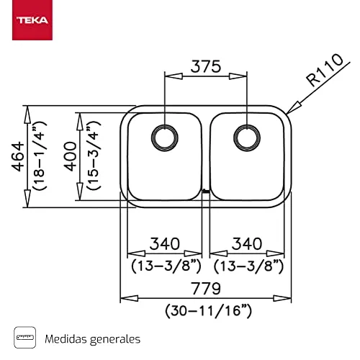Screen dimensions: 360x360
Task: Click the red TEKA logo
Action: pyautogui.click(x=32, y=20)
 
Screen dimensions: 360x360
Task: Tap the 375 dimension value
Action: pyautogui.click(x=206, y=66)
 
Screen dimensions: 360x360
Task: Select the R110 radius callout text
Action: pyautogui.click(x=325, y=70)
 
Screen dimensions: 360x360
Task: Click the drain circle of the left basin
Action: pyautogui.click(x=165, y=138)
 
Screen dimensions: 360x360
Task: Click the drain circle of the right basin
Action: pyautogui.click(x=247, y=138)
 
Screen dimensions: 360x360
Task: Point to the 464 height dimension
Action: pyautogui.click(x=18, y=157)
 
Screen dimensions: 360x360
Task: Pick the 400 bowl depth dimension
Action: pyautogui.click(x=71, y=156)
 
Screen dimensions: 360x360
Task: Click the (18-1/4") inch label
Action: pyautogui.click(x=40, y=156)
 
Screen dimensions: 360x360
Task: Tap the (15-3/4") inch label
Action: pyautogui.click(x=94, y=156)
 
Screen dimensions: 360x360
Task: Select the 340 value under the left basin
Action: pyautogui.click(x=165, y=243)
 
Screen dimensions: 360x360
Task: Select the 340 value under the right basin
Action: pyautogui.click(x=247, y=243)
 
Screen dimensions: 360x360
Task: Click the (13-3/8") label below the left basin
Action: pyautogui.click(x=166, y=266)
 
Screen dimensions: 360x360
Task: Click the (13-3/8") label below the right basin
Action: pyautogui.click(x=248, y=266)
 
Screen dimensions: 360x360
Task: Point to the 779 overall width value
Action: pyautogui.click(x=206, y=289)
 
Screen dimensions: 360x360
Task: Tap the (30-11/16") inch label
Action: pyautogui.click(x=208, y=311)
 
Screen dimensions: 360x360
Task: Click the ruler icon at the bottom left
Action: pyautogui.click(x=25, y=337)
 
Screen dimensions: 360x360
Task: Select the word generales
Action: pyautogui.click(x=115, y=340)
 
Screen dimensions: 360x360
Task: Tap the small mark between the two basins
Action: pyautogui.click(x=206, y=192)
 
